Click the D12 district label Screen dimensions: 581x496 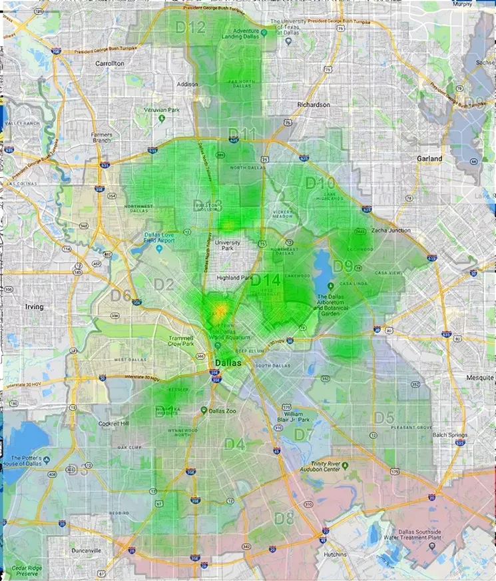click(x=190, y=27)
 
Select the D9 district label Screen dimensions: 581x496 click(x=343, y=266)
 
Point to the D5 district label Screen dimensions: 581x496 click(x=383, y=418)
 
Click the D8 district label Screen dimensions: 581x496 click(x=284, y=518)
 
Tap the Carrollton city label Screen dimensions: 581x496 click(x=110, y=63)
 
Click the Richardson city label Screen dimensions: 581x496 click(x=314, y=105)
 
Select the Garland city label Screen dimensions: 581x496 click(x=429, y=159)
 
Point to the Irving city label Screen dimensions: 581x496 click(x=34, y=307)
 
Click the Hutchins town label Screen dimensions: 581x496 click(x=332, y=554)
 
